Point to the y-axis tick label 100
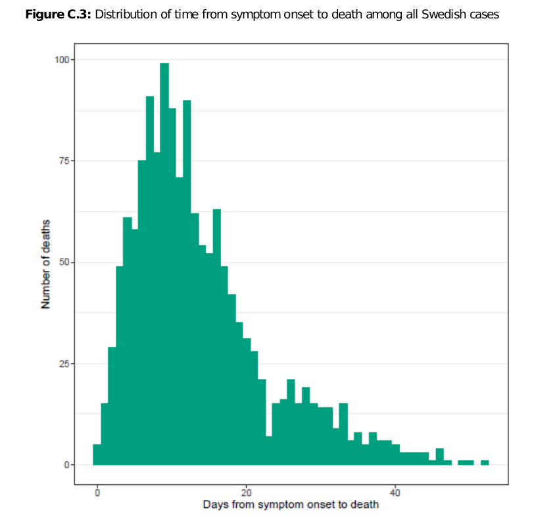61,60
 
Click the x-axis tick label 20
246,492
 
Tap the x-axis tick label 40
395,492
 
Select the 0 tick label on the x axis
97,492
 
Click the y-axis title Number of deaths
46,262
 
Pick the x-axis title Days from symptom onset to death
291,505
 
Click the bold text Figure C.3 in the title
58,14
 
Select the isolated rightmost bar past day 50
485,462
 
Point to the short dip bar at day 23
268,451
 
